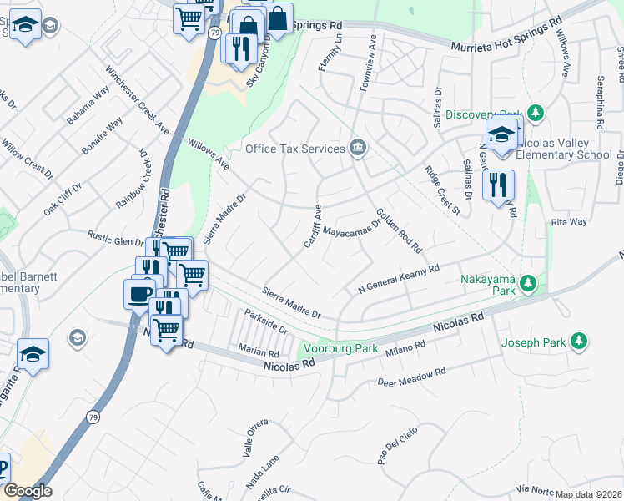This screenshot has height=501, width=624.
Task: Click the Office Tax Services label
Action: (x=294, y=149)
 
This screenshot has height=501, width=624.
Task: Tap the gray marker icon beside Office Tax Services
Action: (x=358, y=148)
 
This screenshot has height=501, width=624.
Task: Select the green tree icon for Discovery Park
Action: (x=536, y=114)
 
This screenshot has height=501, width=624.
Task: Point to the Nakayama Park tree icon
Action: (x=527, y=285)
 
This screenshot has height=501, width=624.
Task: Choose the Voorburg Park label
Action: (x=340, y=348)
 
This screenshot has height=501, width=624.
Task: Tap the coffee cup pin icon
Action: (x=139, y=293)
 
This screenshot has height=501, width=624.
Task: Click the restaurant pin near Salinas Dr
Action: (x=498, y=185)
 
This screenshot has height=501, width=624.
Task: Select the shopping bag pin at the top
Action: (x=277, y=18)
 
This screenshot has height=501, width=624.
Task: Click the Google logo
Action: (x=28, y=491)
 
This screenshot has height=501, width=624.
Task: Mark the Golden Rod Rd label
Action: (x=399, y=231)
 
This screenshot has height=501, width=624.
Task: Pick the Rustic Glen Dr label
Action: (x=118, y=242)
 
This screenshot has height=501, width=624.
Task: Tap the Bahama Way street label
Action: (x=88, y=105)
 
